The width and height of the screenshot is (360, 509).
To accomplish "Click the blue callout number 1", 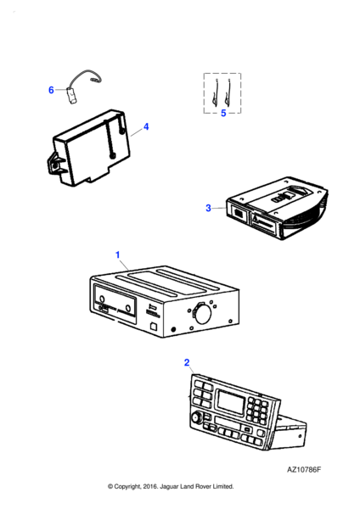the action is click(x=118, y=255).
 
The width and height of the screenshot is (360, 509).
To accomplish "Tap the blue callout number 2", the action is click(x=187, y=362).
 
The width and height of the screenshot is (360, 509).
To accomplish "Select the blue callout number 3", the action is click(x=208, y=208).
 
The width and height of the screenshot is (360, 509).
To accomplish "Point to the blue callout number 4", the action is click(x=146, y=126).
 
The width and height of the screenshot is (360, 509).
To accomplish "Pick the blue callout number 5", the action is click(x=223, y=114).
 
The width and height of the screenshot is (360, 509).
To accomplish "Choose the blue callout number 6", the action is click(x=51, y=90).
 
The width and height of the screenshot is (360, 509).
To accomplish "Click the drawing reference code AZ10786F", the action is click(x=304, y=470).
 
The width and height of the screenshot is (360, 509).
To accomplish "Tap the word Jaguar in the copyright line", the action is click(x=169, y=487).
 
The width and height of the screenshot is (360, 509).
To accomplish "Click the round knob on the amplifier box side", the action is click(x=202, y=314).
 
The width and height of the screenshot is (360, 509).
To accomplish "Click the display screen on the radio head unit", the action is click(x=231, y=402).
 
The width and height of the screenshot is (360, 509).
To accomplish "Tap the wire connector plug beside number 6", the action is click(x=71, y=96).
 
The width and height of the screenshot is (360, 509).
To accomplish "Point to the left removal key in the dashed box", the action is click(x=215, y=92).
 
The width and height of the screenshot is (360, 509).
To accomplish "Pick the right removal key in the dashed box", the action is click(x=228, y=92).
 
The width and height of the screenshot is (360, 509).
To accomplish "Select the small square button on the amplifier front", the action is click(x=153, y=327).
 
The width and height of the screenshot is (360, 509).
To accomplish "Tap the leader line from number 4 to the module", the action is click(x=137, y=131).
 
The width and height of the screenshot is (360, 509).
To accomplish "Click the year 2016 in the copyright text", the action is click(x=149, y=487).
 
